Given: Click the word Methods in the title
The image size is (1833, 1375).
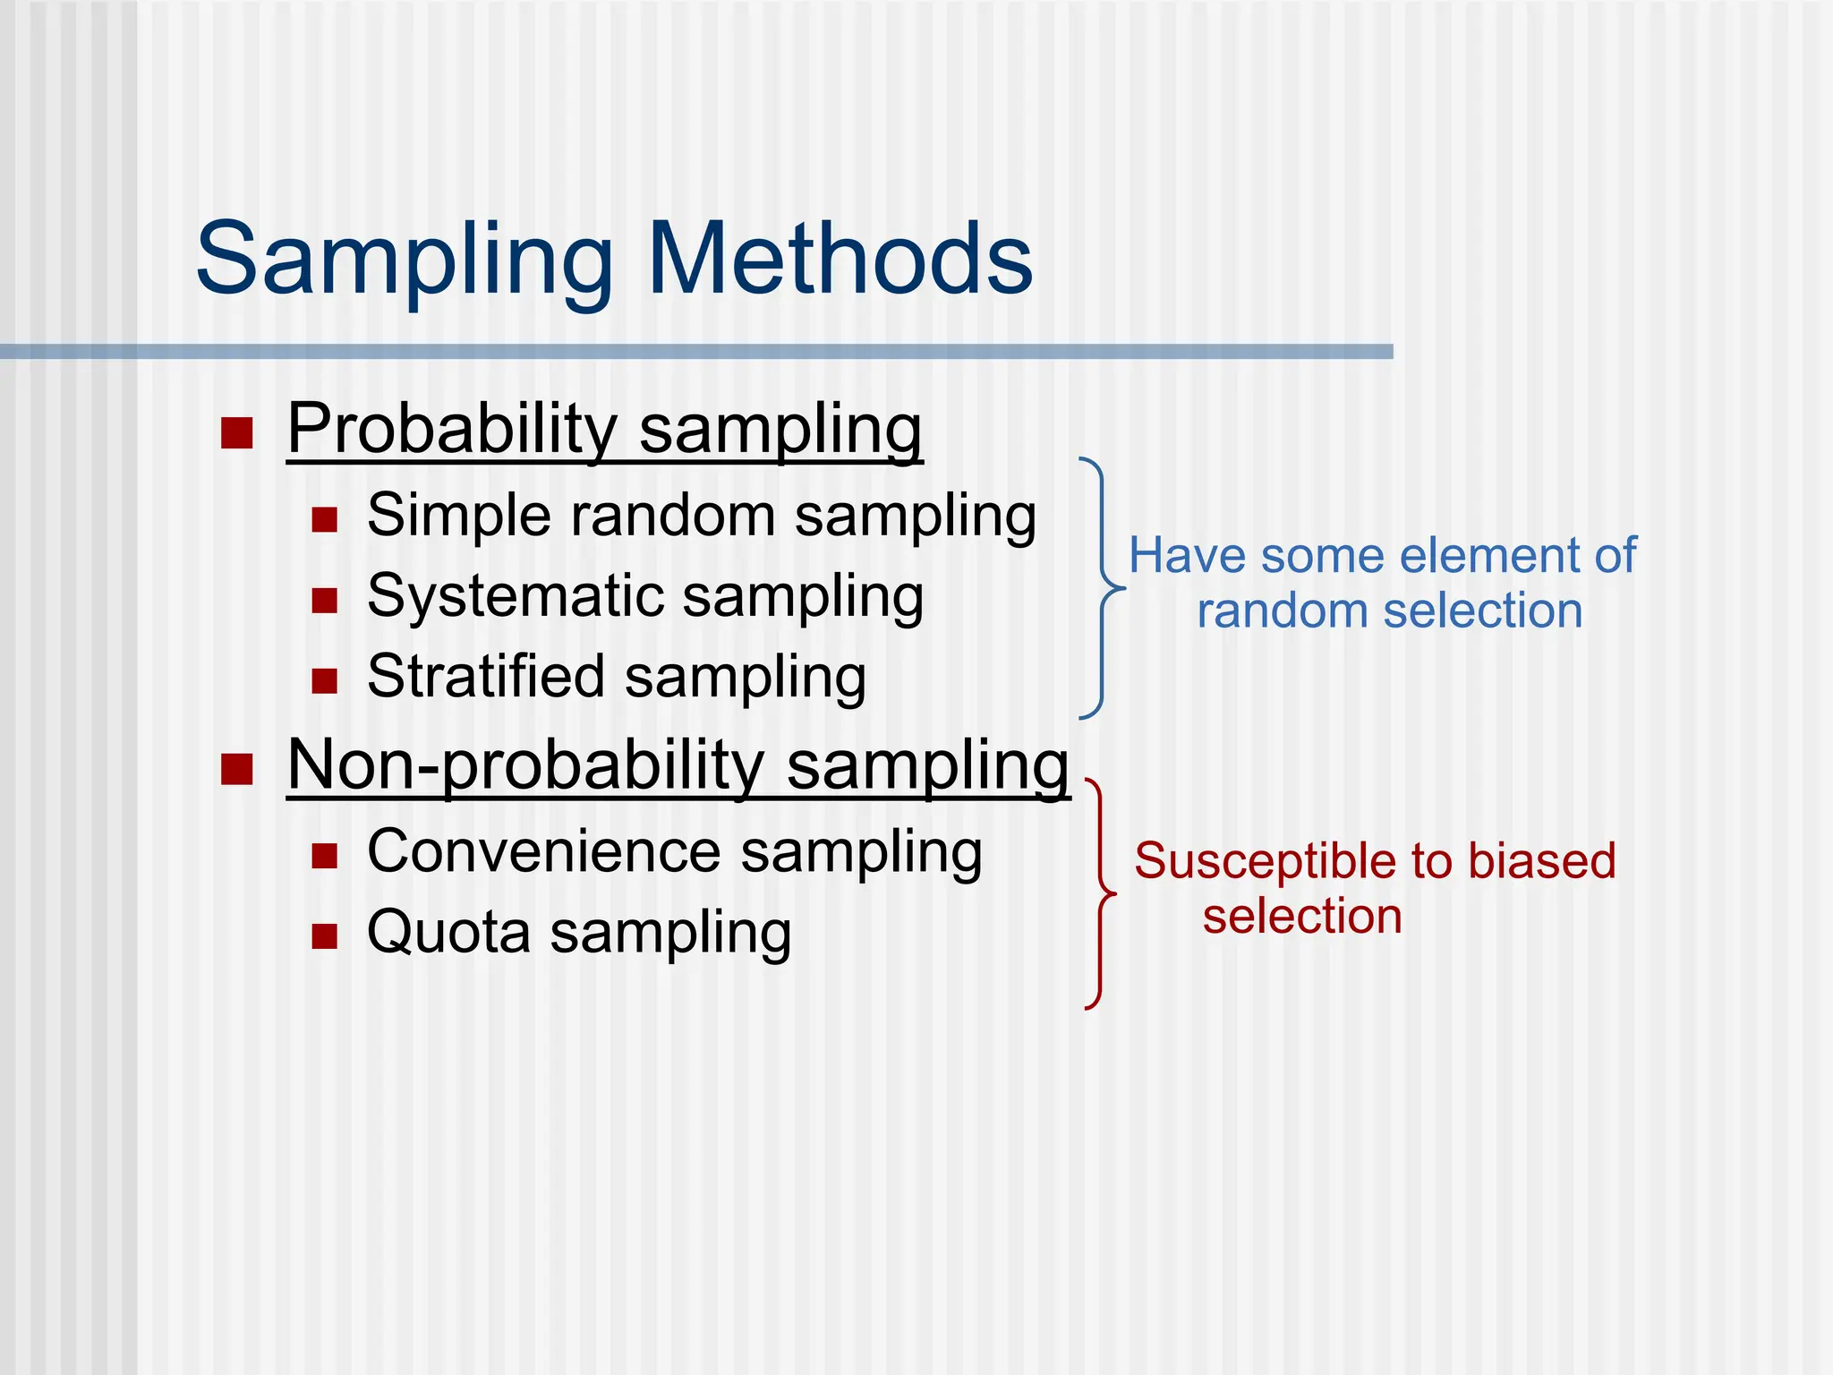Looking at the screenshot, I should coord(840,260).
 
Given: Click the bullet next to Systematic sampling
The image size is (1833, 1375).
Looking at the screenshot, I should coord(324,600).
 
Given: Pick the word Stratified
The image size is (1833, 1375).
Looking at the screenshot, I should coord(486,677).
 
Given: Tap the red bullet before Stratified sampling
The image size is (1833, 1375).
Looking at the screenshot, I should coord(324,680).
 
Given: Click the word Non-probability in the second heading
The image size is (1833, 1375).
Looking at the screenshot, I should coord(525,766).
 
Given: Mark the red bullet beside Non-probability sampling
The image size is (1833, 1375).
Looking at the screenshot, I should coord(237,769).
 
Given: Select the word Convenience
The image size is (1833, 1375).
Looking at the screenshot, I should coord(544,851).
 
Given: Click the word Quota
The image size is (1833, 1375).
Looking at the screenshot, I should coord(448,933).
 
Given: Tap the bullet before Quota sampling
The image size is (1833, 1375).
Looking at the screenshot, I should coord(324,936).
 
